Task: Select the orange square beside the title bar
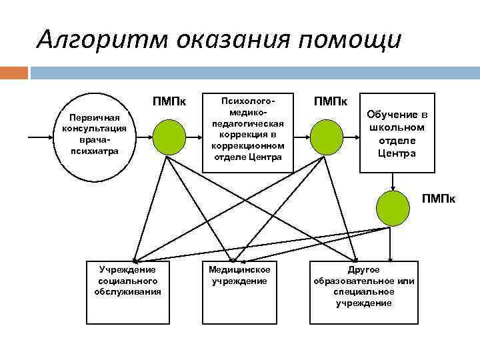[14, 72]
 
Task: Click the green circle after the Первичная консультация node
[169, 137]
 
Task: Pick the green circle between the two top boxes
[327, 137]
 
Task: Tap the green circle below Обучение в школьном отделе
[393, 207]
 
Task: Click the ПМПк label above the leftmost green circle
[169, 101]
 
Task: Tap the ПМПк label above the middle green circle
[331, 101]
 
